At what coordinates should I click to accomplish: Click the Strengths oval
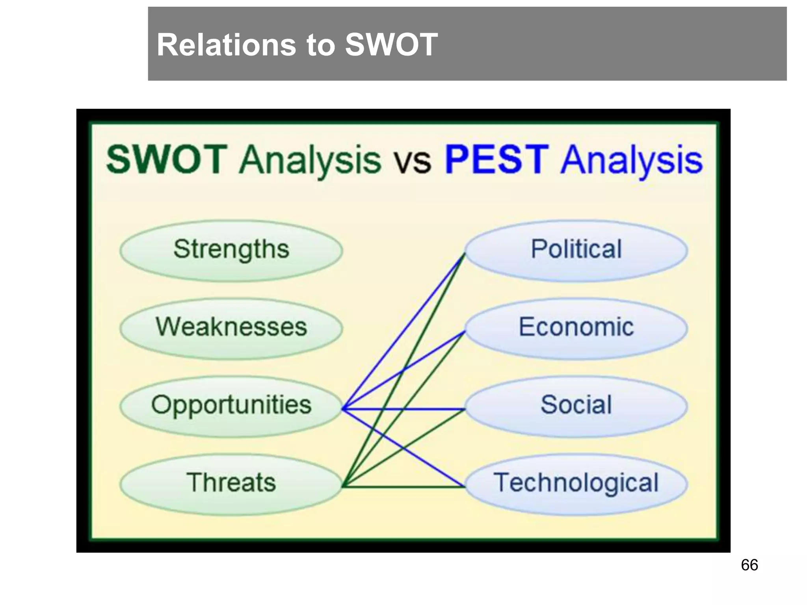click(231, 250)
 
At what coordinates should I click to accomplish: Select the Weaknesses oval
click(231, 328)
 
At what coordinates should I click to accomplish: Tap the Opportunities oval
click(231, 406)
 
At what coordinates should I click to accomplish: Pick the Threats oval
click(231, 484)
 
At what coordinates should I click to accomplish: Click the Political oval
click(576, 250)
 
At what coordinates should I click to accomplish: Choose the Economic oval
click(576, 328)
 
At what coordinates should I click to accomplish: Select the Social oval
click(576, 406)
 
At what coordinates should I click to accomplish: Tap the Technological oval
click(576, 484)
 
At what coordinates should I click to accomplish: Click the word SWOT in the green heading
click(167, 160)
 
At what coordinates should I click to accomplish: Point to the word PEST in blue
click(496, 160)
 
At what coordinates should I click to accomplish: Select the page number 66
click(749, 565)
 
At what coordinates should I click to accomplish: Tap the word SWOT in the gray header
click(391, 45)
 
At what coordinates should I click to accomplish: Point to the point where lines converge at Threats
click(343, 487)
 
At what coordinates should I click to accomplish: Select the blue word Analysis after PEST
click(632, 161)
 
